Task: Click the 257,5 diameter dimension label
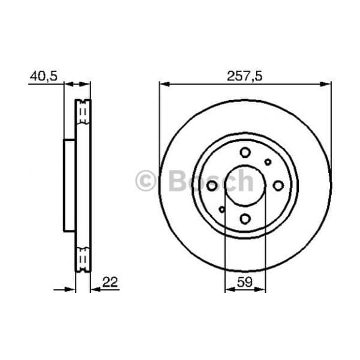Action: click(x=245, y=76)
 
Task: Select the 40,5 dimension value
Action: click(x=44, y=76)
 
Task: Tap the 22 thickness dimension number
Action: click(x=110, y=282)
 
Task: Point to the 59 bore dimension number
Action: click(x=245, y=282)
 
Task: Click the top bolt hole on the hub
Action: click(x=245, y=152)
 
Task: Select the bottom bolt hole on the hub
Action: click(x=245, y=218)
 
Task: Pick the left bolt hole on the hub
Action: click(x=212, y=185)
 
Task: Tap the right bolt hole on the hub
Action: click(x=278, y=185)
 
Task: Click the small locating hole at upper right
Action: click(x=268, y=162)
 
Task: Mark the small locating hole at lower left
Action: click(x=222, y=209)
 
